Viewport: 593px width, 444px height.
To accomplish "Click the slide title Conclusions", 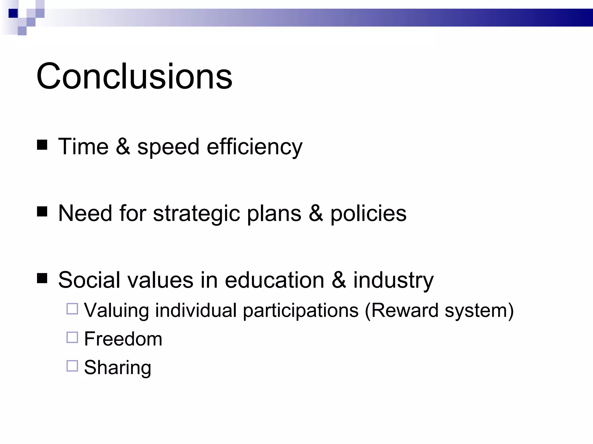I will click(x=134, y=76).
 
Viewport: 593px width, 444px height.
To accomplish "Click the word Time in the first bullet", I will click(x=83, y=147).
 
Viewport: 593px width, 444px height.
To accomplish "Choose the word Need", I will click(x=85, y=213).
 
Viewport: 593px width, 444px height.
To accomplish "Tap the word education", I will click(x=274, y=280).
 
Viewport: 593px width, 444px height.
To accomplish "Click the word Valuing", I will click(x=116, y=310).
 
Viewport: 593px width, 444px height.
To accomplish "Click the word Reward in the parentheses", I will click(x=405, y=310).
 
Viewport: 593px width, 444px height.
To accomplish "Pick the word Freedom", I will click(x=123, y=339).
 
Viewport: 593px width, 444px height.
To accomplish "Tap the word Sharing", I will click(x=118, y=368).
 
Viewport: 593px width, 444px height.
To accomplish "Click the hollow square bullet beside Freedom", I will click(x=72, y=337).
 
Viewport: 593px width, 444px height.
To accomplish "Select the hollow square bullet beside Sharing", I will click(x=72, y=366).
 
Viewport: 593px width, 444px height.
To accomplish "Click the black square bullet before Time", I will click(x=42, y=145).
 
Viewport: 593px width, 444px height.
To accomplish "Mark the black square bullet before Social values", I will click(x=42, y=278).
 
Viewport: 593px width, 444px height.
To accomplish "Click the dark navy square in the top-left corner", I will click(x=13, y=13).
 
